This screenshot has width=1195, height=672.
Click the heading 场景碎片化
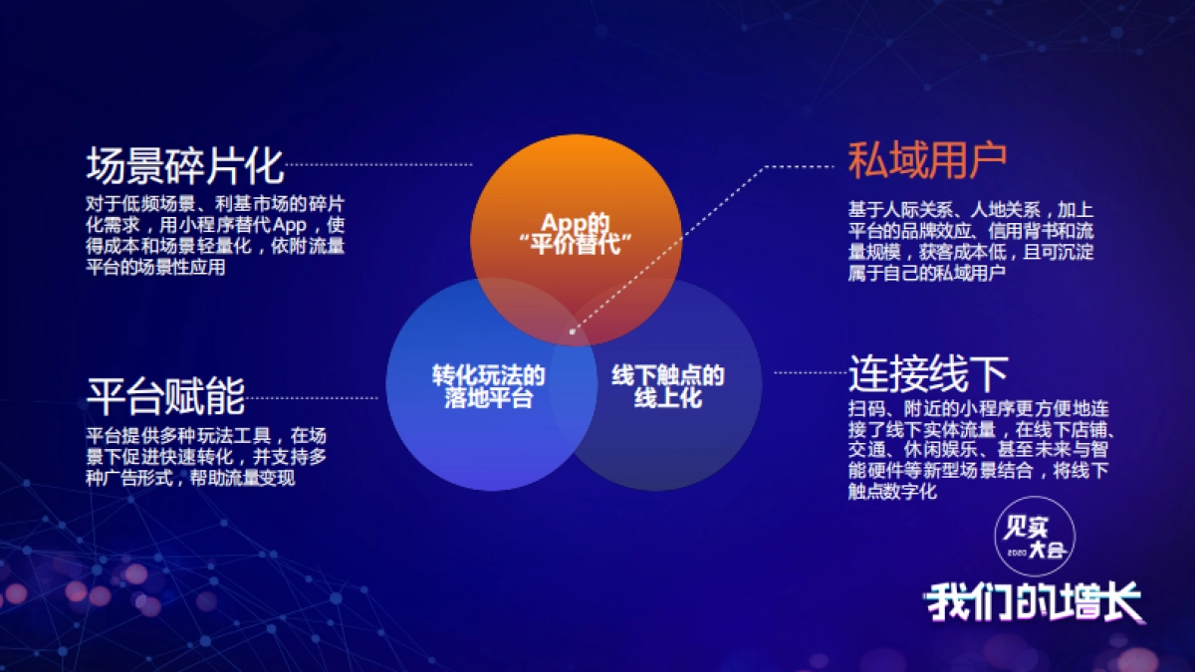coord(185,165)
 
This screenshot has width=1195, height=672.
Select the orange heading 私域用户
coord(927,159)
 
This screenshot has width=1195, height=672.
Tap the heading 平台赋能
coord(165,396)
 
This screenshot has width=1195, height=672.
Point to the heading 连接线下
coord(928,373)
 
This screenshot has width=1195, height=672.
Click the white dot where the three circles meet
coord(572,333)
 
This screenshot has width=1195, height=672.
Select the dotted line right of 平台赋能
coord(313,397)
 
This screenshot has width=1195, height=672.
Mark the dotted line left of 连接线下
coord(810,373)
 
